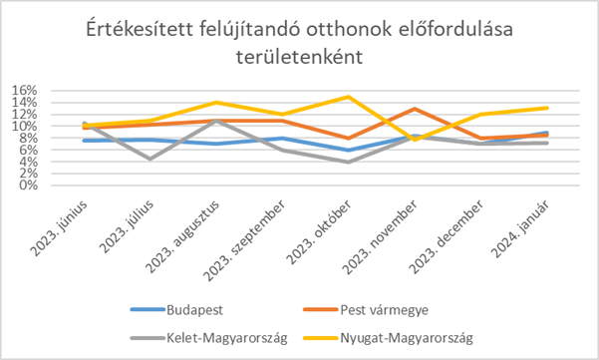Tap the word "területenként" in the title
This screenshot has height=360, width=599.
(298, 60)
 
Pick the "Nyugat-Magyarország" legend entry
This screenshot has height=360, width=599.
(409, 337)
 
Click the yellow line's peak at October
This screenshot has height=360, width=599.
(348, 97)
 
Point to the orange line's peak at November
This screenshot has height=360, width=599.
(414, 109)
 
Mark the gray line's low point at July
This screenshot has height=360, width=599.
(150, 159)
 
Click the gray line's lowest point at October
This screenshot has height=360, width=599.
(348, 162)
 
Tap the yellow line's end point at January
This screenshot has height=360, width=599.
(546, 108)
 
